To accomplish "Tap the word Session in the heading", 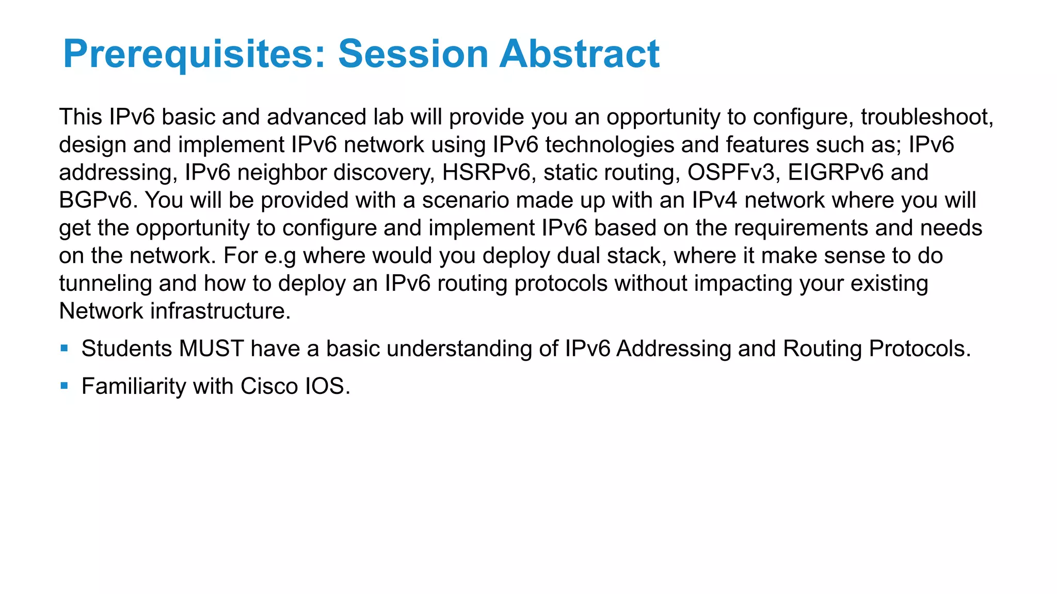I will [x=413, y=54].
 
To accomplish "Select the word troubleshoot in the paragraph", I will [x=926, y=118].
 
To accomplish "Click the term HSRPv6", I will [x=486, y=173].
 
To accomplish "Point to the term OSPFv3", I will [x=731, y=173].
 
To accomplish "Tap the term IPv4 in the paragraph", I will [x=714, y=201].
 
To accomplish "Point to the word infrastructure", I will [x=220, y=311].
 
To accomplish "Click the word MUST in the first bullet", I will [x=212, y=349].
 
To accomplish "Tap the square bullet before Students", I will [x=64, y=348].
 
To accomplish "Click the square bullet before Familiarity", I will [x=64, y=386].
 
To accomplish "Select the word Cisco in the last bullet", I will [x=269, y=387].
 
